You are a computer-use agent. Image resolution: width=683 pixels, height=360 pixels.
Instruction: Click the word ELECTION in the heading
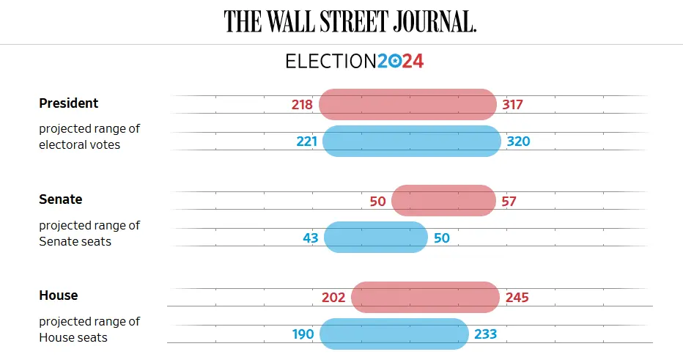pyautogui.click(x=331, y=61)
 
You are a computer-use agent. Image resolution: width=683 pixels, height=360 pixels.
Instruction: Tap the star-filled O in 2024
pyautogui.click(x=394, y=62)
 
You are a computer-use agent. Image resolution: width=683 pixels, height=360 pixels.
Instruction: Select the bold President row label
pyautogui.click(x=68, y=103)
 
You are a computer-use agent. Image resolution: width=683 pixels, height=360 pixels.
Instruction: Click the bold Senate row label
pyautogui.click(x=60, y=199)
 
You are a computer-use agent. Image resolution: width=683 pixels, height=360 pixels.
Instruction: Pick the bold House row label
pyautogui.click(x=58, y=295)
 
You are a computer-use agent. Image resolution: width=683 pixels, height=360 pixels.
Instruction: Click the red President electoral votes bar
pyautogui.click(x=407, y=104)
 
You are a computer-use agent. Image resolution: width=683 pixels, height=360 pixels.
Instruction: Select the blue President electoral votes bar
pyautogui.click(x=411, y=141)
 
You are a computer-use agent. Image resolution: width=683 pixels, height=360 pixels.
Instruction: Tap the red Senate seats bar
pyautogui.click(x=443, y=200)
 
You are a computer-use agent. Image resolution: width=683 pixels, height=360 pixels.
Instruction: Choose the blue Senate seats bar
pyautogui.click(x=375, y=238)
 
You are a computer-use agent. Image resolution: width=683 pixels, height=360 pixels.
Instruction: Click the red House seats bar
pyautogui.click(x=424, y=297)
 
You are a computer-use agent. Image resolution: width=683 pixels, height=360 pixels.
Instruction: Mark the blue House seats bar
pyautogui.click(x=394, y=334)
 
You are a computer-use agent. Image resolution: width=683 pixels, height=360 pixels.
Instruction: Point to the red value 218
pyautogui.click(x=302, y=104)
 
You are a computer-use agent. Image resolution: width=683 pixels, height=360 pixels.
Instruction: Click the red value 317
pyautogui.click(x=512, y=104)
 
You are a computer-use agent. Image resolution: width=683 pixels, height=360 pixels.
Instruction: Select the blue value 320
pyautogui.click(x=518, y=141)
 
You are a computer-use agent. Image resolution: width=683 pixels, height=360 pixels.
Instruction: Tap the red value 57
pyautogui.click(x=509, y=201)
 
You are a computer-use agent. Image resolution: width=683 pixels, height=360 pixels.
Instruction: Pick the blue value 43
pyautogui.click(x=310, y=238)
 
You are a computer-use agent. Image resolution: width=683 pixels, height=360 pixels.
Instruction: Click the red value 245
pyautogui.click(x=516, y=297)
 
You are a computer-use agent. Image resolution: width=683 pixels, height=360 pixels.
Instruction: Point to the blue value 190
pyautogui.click(x=303, y=334)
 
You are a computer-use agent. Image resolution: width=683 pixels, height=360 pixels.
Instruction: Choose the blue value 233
pyautogui.click(x=485, y=334)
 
